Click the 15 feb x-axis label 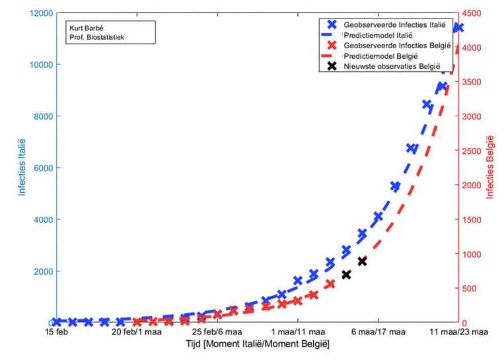coord(56,333)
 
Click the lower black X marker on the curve coord(345,274)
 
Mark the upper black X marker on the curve coord(361,261)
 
